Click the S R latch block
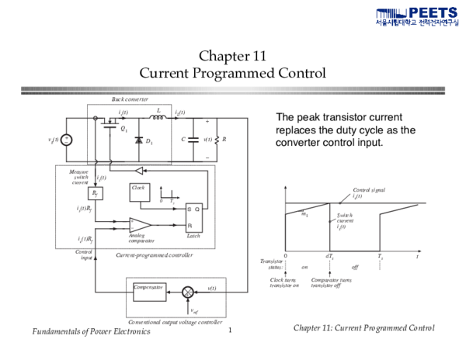click(193, 216)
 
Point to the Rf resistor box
click(96, 192)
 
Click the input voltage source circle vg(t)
click(67, 140)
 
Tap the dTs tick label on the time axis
click(329, 255)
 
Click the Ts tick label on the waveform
click(381, 255)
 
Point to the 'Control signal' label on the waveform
click(370, 189)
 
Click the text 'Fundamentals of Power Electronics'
click(91, 332)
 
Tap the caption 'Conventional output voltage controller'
click(176, 322)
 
